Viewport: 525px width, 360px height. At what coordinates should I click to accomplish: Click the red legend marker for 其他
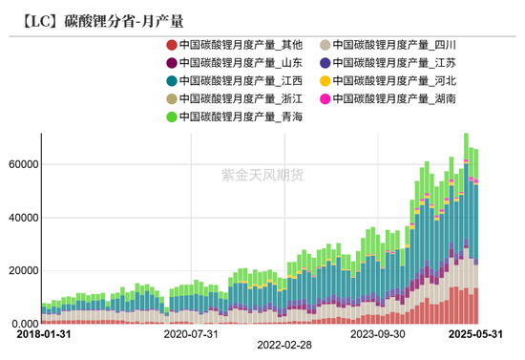coord(171,45)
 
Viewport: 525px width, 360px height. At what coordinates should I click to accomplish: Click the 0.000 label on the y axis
coord(21,324)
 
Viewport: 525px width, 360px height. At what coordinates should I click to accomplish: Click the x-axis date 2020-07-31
coord(191,335)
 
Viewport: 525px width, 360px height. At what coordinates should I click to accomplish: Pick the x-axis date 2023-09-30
coord(377,335)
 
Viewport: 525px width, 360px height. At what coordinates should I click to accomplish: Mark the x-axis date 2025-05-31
coord(476,335)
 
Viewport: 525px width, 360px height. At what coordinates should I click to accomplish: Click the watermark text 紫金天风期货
coord(262,174)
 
